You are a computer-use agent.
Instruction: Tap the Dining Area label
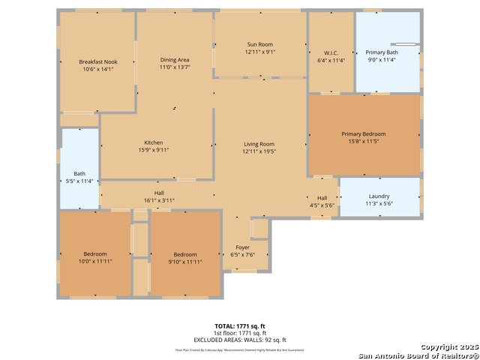pos(174,59)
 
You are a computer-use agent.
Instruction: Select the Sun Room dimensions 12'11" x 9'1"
pos(260,52)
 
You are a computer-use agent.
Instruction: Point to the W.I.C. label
pos(331,52)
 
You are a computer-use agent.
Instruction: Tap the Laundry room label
pos(379,196)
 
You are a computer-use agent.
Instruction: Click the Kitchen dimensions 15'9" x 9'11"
pos(154,150)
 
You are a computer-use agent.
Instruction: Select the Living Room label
pos(259,144)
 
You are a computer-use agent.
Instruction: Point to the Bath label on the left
pos(79,173)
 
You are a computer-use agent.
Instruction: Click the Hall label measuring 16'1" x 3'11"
pos(159,193)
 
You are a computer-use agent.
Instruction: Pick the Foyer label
pos(243,247)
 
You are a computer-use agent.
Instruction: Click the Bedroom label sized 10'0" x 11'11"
pos(95,253)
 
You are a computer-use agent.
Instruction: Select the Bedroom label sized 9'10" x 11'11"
pos(185,253)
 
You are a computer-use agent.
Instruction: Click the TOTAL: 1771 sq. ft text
pos(239,326)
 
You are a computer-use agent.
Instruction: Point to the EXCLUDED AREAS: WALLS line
pos(239,340)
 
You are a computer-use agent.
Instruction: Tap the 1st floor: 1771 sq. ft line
pos(239,333)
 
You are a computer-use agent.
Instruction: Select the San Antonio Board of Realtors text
pos(418,355)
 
